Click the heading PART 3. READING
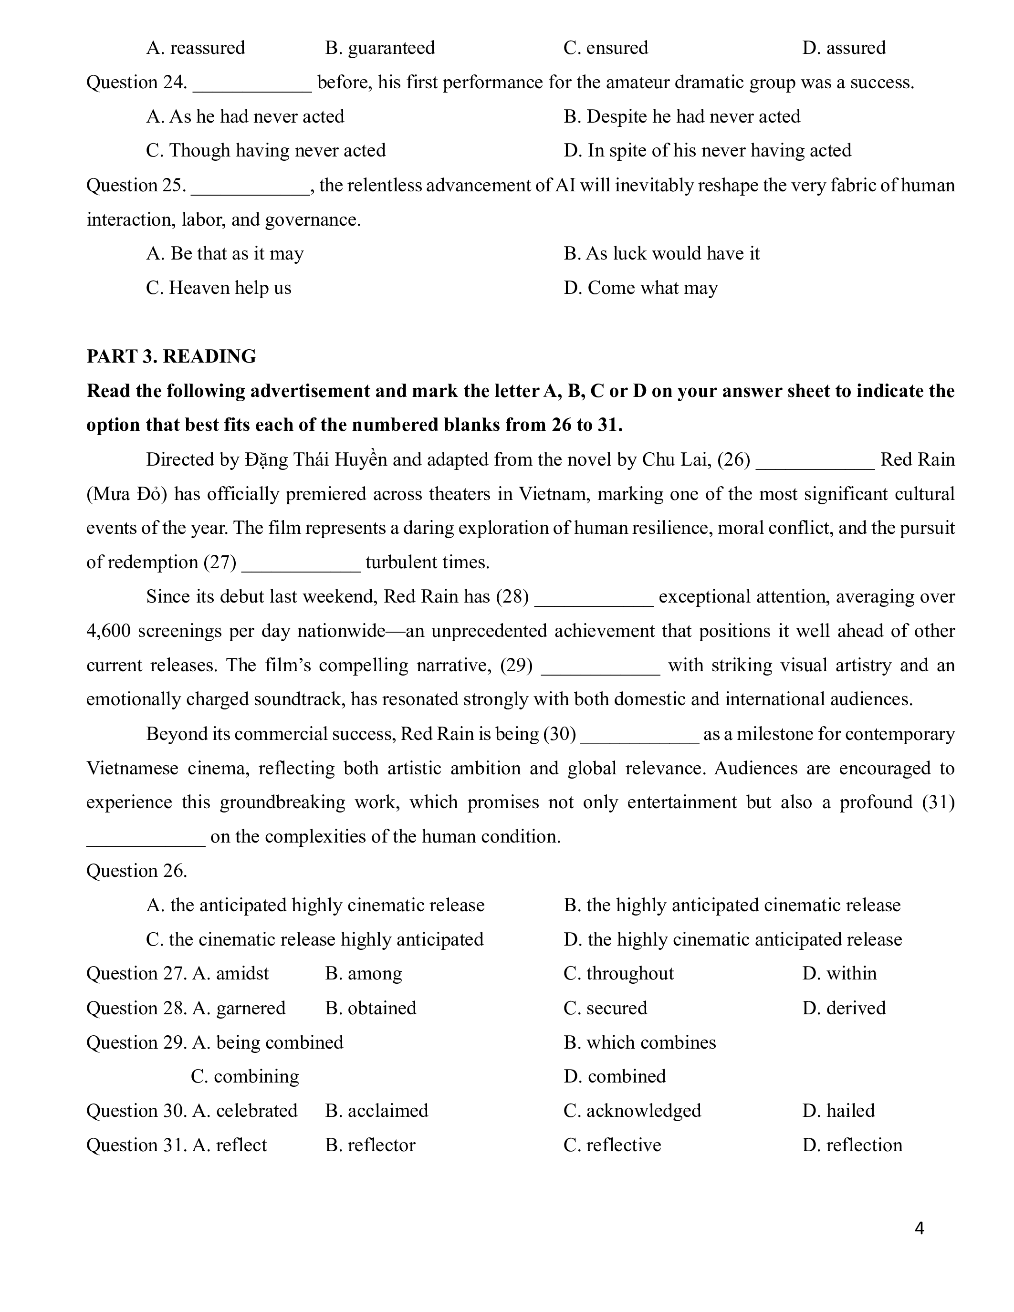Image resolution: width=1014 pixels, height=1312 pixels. point(171,356)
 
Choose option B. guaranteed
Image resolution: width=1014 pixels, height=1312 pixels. point(380,47)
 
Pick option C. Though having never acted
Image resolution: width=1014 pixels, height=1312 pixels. point(265,150)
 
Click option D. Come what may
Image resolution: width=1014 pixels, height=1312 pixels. point(640,288)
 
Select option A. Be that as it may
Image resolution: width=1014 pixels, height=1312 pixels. point(225,253)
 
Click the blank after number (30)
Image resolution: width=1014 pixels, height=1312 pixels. point(640,735)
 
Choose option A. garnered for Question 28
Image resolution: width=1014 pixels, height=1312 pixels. point(239,1008)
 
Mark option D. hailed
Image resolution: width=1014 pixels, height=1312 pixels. point(838,1111)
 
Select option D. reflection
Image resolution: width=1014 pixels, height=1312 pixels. point(852,1145)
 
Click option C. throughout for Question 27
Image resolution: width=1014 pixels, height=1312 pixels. point(619,973)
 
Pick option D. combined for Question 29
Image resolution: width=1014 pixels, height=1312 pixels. point(615,1076)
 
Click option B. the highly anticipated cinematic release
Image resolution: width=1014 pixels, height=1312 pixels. point(732,906)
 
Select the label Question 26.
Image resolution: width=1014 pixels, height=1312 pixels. point(137,871)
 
